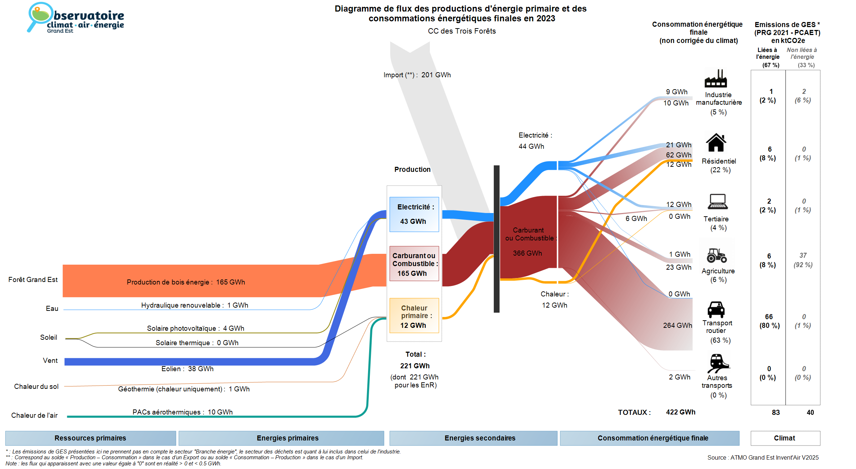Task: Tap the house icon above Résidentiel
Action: point(716,143)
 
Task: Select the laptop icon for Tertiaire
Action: point(717,201)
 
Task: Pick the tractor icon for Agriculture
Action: point(717,255)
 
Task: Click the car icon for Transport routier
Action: point(716,309)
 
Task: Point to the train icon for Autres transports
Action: point(718,363)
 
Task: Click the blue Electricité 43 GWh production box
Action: point(414,214)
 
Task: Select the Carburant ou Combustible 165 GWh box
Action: point(414,264)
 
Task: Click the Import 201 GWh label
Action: point(417,75)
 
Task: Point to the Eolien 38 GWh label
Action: point(187,369)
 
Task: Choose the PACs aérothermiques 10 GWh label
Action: point(182,412)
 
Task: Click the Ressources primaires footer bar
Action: point(90,438)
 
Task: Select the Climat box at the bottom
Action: point(785,438)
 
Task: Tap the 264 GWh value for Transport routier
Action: point(677,325)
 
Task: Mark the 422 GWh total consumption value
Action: point(680,412)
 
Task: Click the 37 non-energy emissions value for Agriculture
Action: point(803,256)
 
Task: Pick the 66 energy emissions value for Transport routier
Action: point(769,317)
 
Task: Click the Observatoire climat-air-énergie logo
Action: point(76,18)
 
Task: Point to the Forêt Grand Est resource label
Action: point(33,279)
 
